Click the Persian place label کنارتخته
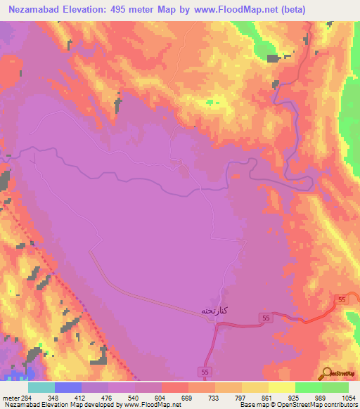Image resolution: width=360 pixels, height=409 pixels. pyautogui.click(x=214, y=310)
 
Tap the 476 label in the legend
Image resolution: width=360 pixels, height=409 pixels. pyautogui.click(x=94, y=397)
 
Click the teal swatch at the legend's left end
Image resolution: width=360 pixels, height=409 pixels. pyautogui.click(x=41, y=387)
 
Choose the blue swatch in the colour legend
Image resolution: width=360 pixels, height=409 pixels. pyautogui.click(x=67, y=387)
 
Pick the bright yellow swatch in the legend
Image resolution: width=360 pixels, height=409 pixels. pyautogui.click(x=281, y=387)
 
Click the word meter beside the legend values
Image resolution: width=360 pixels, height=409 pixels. pyautogui.click(x=11, y=397)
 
